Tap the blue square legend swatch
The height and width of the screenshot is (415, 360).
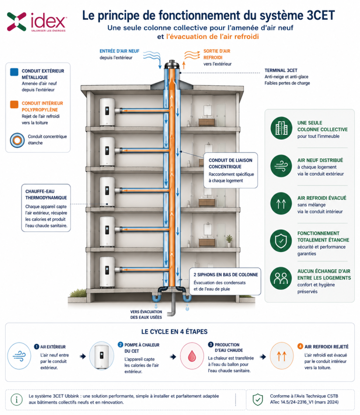point(15,72)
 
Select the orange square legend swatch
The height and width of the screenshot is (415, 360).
point(15,104)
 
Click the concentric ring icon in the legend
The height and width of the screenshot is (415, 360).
point(17,140)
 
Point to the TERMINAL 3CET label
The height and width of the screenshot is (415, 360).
point(281,70)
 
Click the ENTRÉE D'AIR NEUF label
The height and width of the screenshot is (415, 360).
point(120,51)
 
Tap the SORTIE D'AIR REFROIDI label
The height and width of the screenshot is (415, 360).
point(217,54)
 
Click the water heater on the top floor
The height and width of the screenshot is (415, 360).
point(107,112)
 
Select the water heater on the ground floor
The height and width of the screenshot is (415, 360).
point(107,272)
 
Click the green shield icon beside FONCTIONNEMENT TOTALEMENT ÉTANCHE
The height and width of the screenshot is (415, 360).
point(281,241)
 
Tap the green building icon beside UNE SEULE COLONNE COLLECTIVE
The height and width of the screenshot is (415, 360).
point(281,128)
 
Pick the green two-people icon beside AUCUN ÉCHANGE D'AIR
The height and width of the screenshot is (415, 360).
point(281,278)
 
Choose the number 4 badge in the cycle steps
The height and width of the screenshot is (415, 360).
point(300,347)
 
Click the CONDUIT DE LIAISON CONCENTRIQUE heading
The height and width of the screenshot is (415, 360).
point(230,163)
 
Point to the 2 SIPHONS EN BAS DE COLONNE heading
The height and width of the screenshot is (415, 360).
point(225,275)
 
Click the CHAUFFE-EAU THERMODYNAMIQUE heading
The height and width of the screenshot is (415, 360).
point(46,194)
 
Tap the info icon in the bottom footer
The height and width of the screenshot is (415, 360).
point(17,399)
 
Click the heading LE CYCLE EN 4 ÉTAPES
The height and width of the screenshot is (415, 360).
point(174,332)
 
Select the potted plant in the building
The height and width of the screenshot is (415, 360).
point(229,241)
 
